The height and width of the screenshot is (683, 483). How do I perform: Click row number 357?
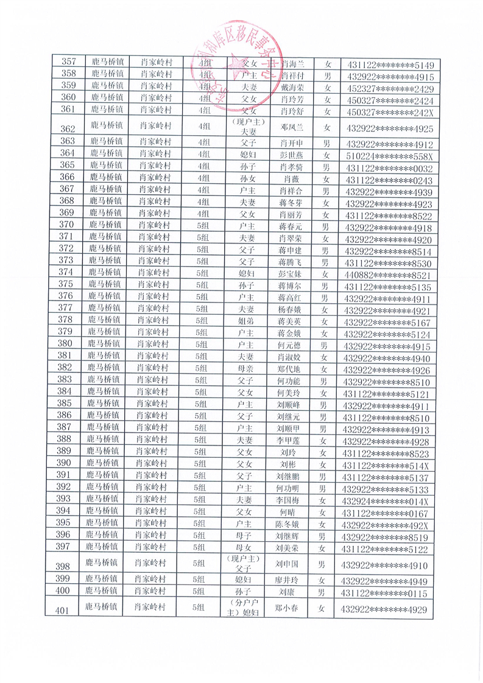pyautogui.click(x=69, y=63)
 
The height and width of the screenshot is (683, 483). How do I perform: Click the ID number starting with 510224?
pyautogui.click(x=389, y=155)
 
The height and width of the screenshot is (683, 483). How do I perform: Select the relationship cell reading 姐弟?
pyautogui.click(x=245, y=321)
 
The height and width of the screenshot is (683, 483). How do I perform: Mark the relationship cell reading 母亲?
pyautogui.click(x=245, y=369)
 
